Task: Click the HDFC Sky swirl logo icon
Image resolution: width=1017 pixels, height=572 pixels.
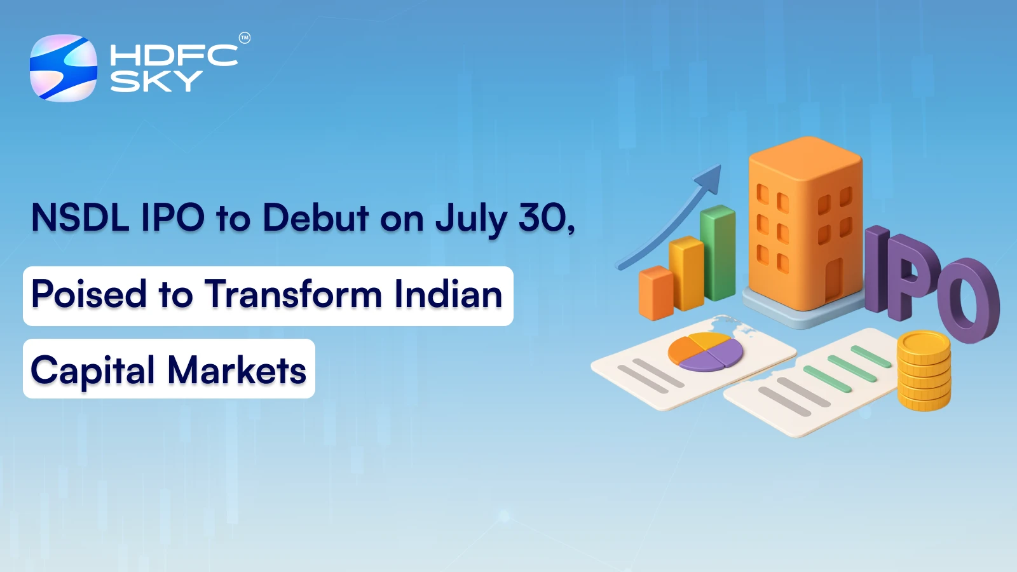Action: coord(64,68)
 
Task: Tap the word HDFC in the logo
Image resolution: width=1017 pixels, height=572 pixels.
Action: coord(174,55)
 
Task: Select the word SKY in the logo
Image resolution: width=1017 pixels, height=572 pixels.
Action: coord(156,81)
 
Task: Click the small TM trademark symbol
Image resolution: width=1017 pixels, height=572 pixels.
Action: coord(245,38)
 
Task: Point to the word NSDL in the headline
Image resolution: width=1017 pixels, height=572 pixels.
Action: coord(80,217)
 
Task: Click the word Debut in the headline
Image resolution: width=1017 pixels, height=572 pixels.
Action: coord(315,217)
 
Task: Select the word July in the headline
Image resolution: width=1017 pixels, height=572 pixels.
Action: coord(471,219)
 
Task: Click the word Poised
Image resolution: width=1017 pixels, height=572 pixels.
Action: coord(89,294)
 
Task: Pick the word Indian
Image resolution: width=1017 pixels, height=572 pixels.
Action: coord(448,294)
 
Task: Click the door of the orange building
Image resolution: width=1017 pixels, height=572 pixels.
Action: coord(833,280)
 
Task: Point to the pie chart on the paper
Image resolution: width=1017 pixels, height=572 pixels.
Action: coord(706,351)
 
